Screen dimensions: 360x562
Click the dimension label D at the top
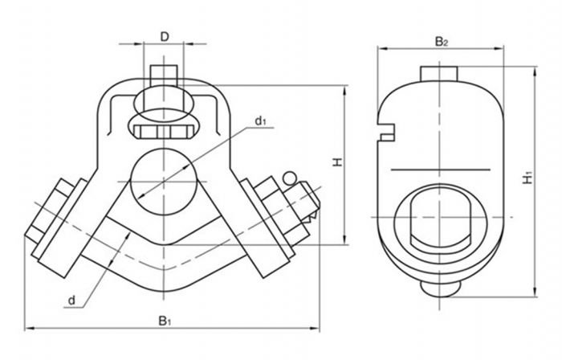[164, 35]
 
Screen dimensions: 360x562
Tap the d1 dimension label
[261, 121]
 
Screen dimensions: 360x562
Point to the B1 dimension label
[165, 321]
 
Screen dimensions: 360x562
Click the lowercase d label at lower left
[71, 301]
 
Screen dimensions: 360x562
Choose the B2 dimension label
[441, 40]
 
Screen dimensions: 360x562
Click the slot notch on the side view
[388, 129]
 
